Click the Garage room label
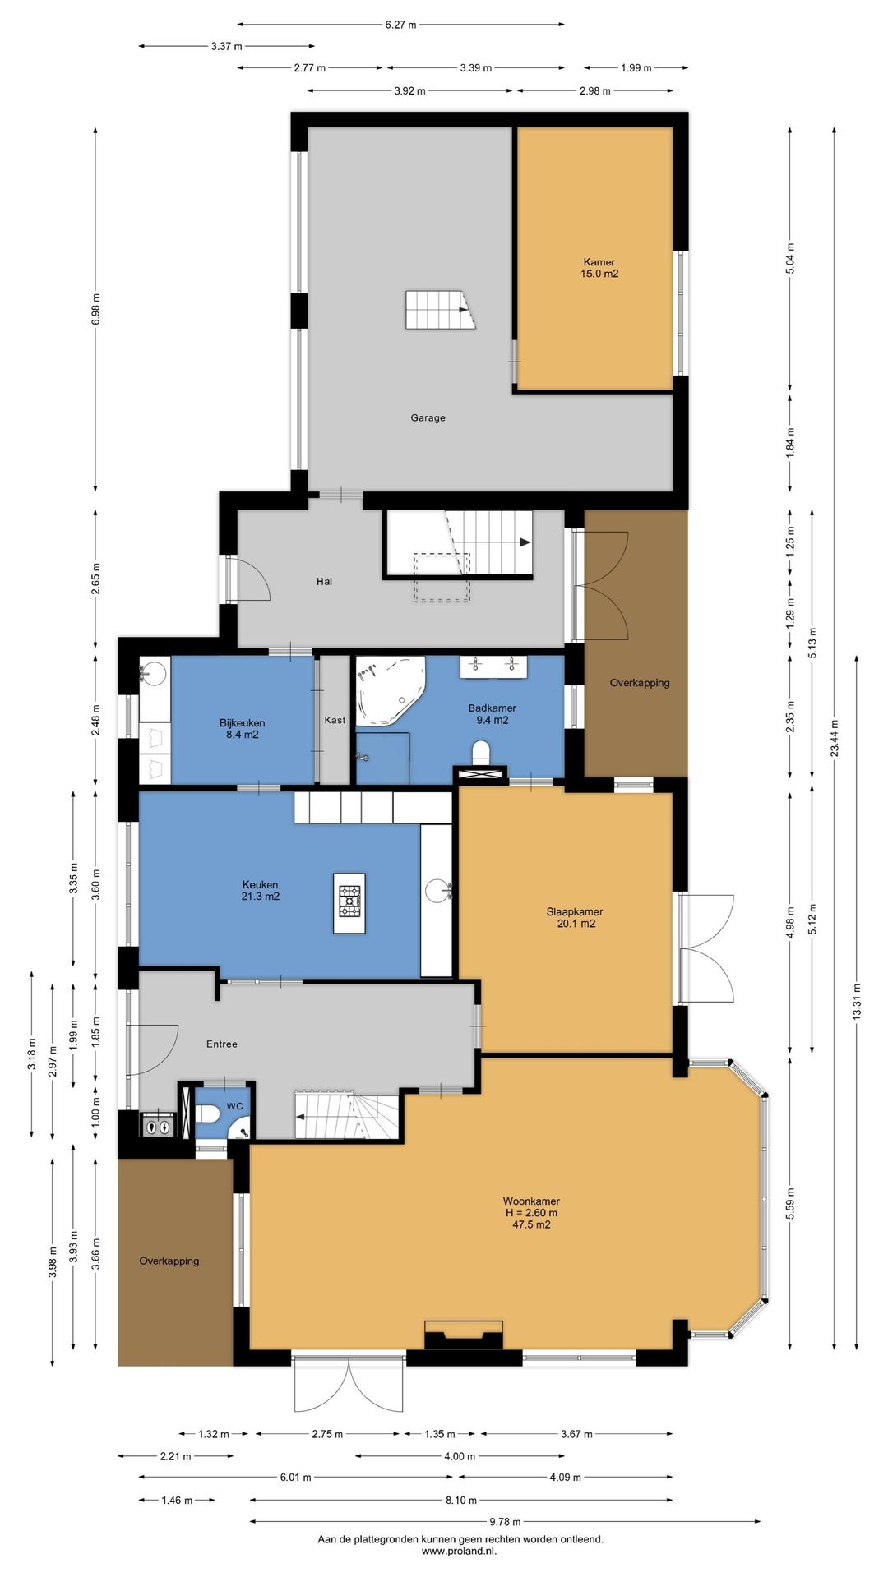coord(428,417)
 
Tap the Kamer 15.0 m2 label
coord(599,268)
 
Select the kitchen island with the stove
coord(349,903)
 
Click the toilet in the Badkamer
coord(483,752)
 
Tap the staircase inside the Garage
coord(441,309)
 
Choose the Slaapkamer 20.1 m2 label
coord(576,917)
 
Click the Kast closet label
coord(335,720)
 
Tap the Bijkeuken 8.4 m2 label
coord(242,729)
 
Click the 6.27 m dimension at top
coord(401,25)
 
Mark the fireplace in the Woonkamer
coord(463,1335)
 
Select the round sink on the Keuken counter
coord(437,889)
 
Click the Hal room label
coord(324,581)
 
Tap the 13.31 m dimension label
coord(857,1002)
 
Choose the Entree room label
coord(221,1044)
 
